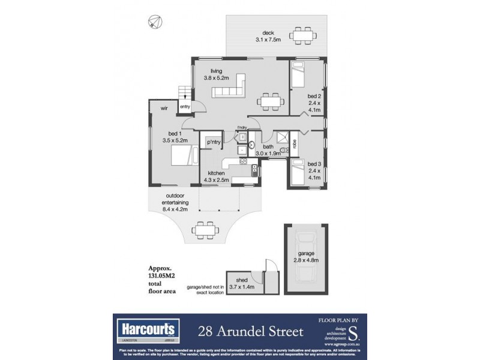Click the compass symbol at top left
(154, 22)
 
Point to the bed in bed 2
(297, 76)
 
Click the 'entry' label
(184, 107)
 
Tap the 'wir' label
(163, 108)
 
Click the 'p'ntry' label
(212, 142)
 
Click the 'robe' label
(295, 143)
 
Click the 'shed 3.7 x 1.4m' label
(242, 283)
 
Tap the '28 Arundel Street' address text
(251, 331)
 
